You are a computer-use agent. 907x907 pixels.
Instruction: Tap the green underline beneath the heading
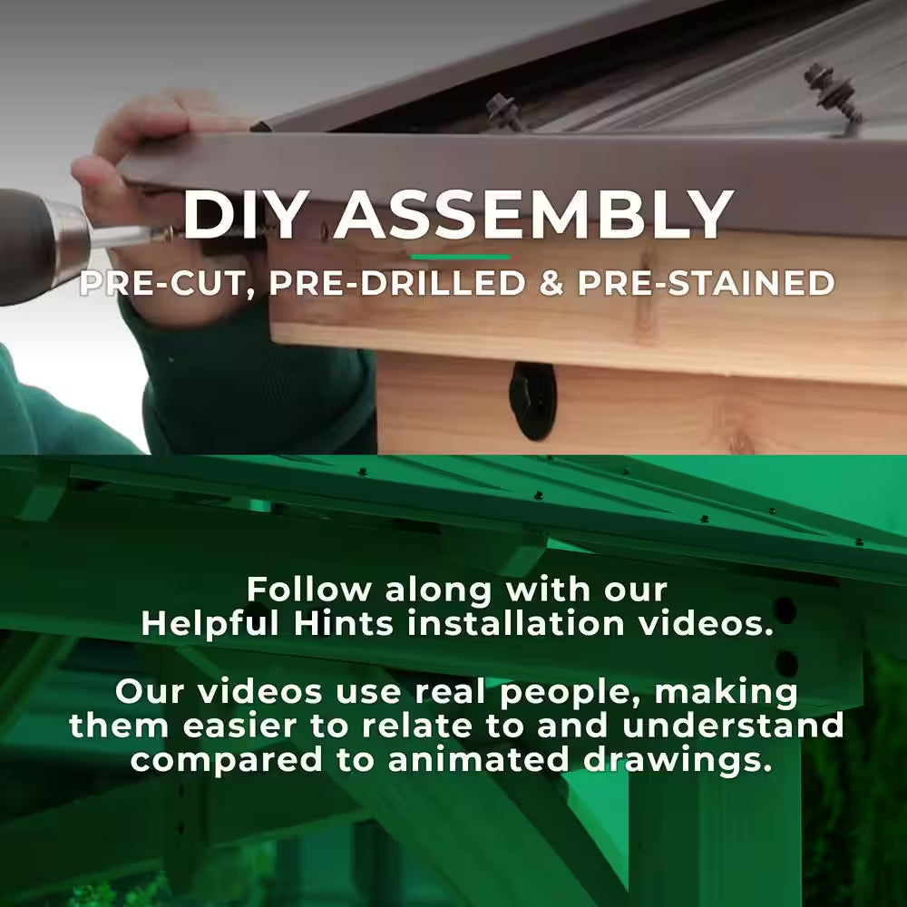click(x=460, y=257)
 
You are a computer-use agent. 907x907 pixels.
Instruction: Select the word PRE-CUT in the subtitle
click(x=167, y=283)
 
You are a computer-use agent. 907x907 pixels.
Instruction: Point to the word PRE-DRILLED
click(x=397, y=283)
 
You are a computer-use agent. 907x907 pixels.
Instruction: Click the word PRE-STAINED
click(x=706, y=283)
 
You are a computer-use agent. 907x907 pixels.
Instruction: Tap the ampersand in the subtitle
click(x=551, y=283)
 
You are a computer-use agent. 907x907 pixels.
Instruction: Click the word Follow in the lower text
click(x=309, y=590)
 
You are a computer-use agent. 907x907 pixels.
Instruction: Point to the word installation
click(x=516, y=624)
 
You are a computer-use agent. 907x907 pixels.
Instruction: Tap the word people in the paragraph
click(x=570, y=693)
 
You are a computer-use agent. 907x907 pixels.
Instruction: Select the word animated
click(x=479, y=759)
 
